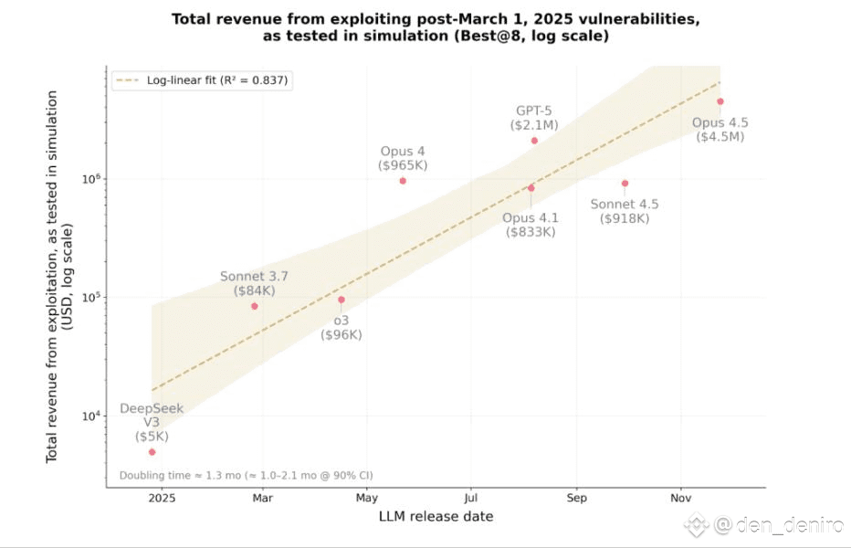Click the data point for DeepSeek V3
coord(152,452)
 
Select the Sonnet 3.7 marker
coord(255,306)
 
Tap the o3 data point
coord(341,300)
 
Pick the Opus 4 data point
coord(403,181)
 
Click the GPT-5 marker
coord(534,141)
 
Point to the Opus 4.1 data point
coord(531,188)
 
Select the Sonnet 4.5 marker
coord(625,183)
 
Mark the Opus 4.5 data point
coord(720,101)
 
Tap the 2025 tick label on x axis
coord(162,499)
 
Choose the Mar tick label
coord(263,499)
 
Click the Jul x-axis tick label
coord(471,499)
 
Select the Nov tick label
coord(679,499)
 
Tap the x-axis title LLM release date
coord(436,517)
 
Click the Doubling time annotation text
coord(246,475)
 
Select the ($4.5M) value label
coord(720,137)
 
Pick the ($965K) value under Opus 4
coord(403,165)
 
